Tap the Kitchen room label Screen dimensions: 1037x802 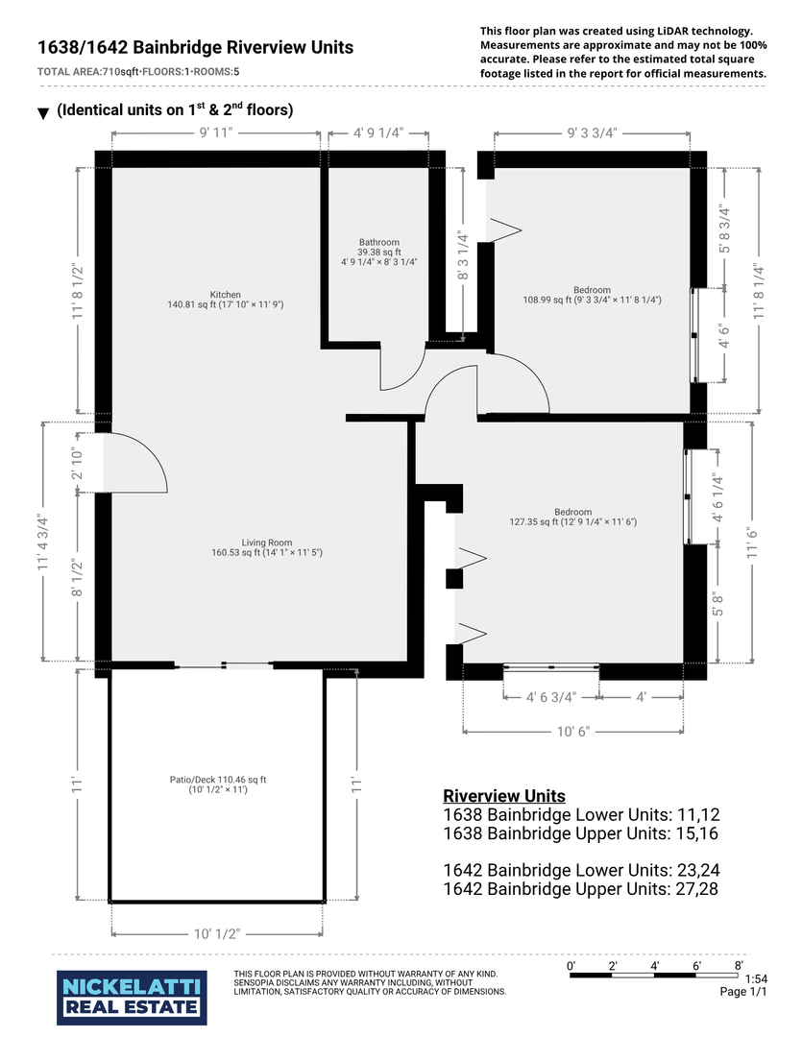(226, 300)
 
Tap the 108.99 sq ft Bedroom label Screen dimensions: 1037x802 (592, 295)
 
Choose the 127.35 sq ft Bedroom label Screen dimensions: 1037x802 (572, 518)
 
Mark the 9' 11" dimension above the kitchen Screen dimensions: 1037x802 (216, 133)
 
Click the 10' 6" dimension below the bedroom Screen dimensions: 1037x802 (572, 732)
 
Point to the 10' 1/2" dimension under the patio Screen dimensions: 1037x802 (216, 933)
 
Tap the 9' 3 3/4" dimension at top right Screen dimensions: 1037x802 (592, 133)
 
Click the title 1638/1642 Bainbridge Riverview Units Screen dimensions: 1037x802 (195, 47)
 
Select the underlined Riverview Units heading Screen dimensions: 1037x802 (503, 796)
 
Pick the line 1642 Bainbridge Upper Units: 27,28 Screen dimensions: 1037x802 (581, 889)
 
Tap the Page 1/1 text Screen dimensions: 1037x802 (744, 992)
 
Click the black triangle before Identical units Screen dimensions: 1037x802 (43, 113)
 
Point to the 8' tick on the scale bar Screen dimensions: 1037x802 (738, 965)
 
